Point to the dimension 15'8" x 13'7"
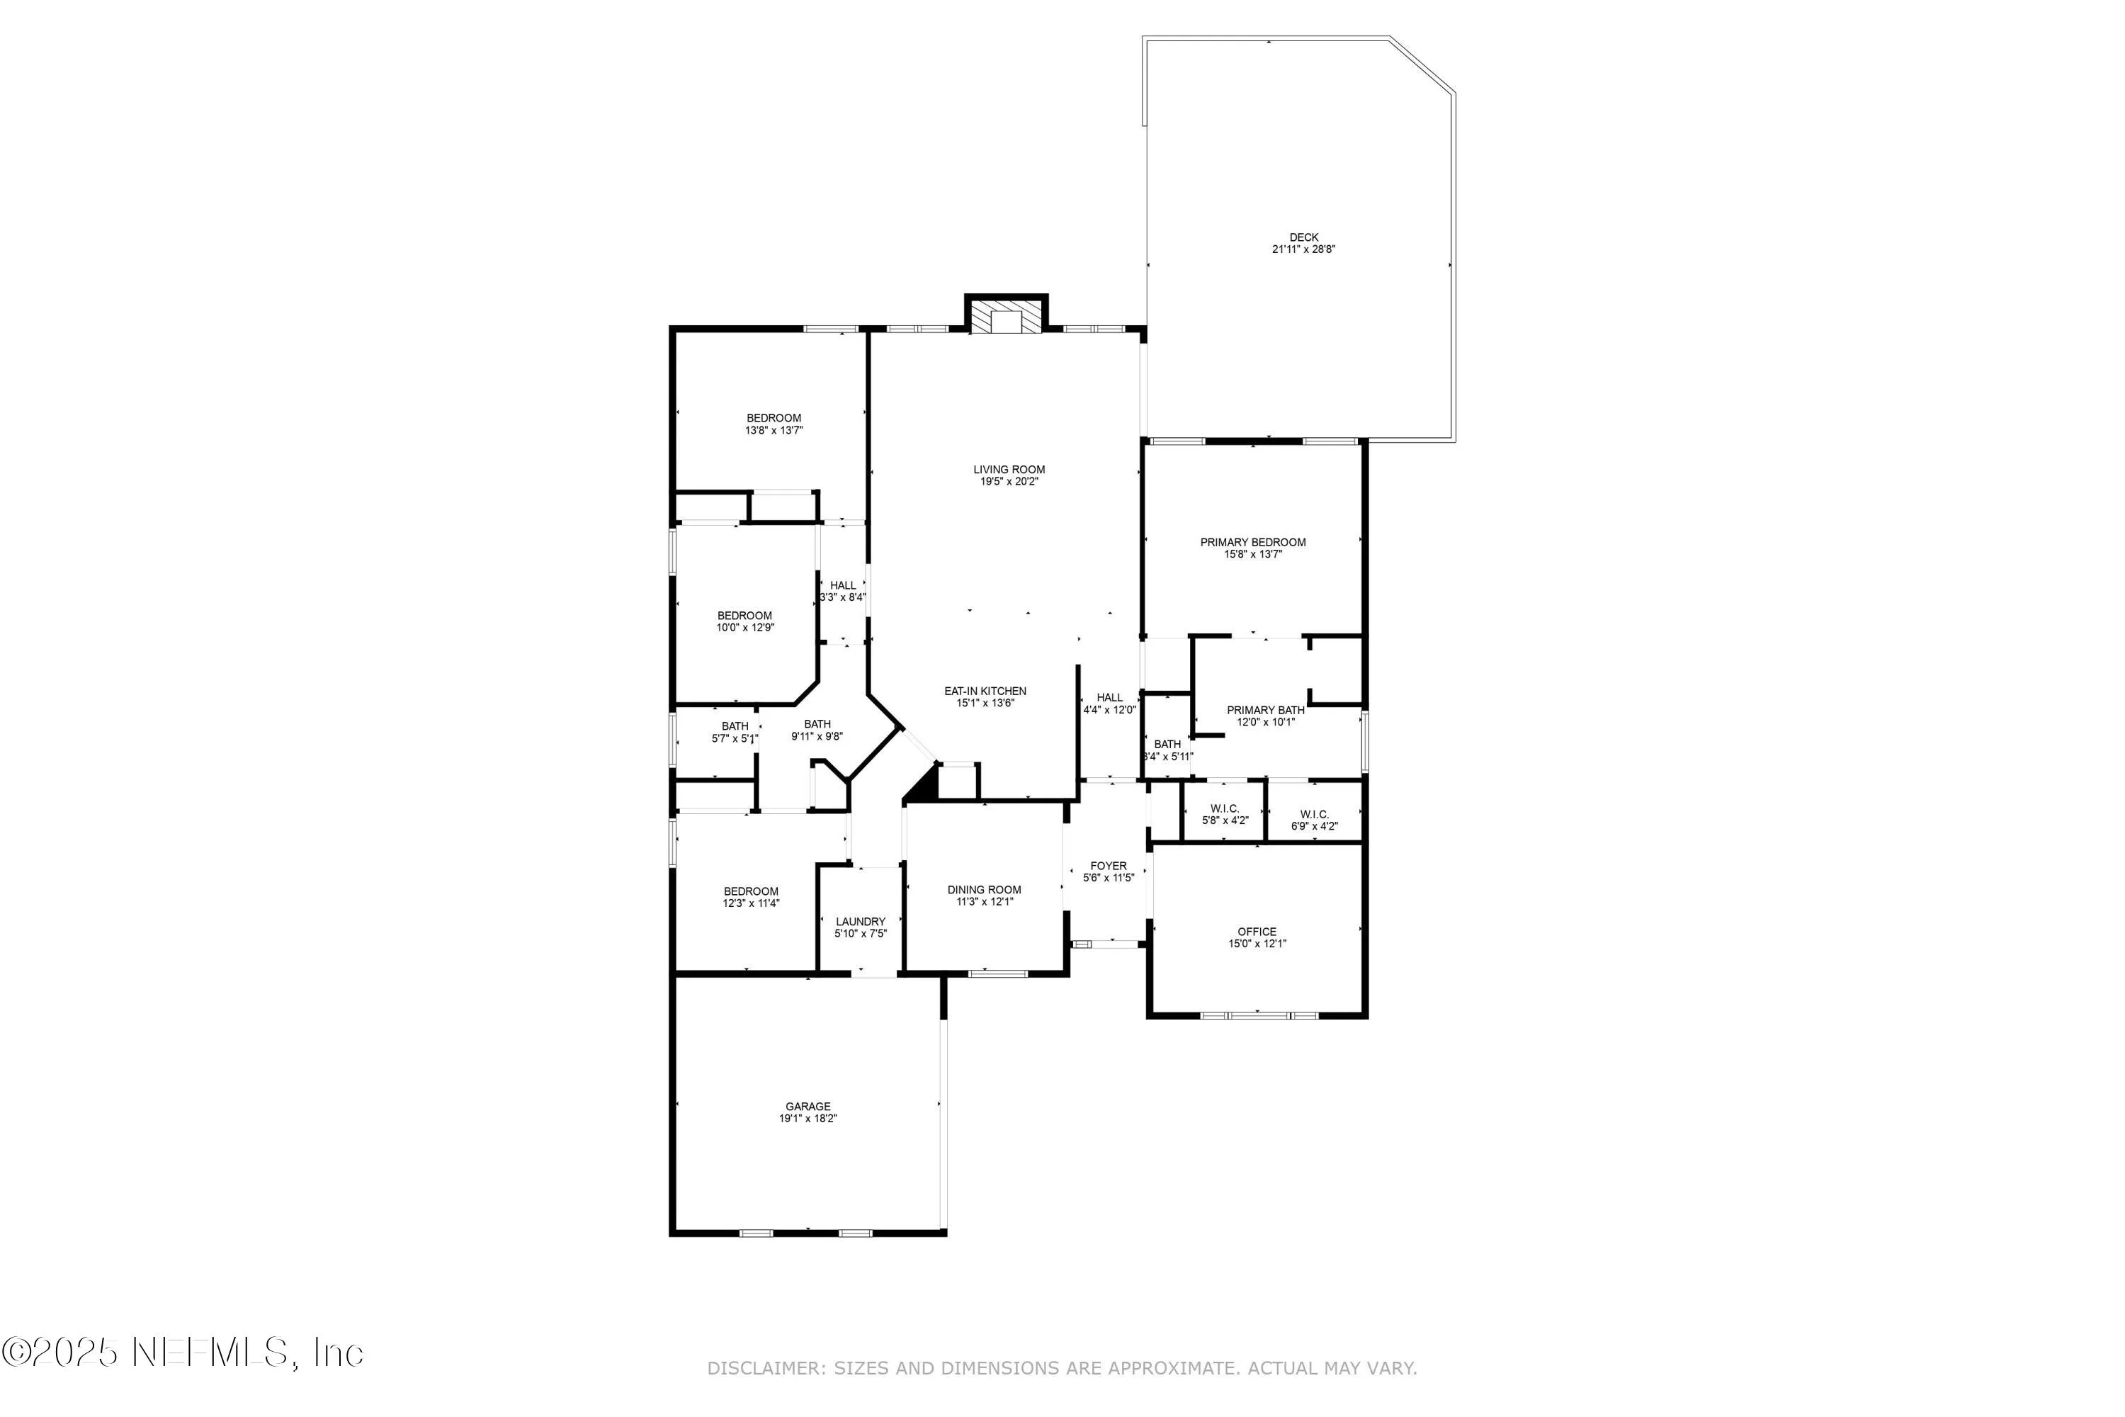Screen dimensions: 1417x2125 (1252, 555)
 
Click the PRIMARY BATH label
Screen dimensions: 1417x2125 (1265, 711)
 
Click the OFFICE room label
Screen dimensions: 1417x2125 (1257, 932)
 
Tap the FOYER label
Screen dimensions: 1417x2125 (1108, 866)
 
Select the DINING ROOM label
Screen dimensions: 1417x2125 (984, 890)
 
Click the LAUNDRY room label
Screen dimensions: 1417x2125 (860, 922)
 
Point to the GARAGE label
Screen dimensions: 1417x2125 (807, 1106)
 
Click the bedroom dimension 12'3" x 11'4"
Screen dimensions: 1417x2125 (751, 903)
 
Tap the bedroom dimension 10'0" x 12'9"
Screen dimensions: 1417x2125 (745, 627)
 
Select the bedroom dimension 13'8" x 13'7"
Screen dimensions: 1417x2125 (773, 431)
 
